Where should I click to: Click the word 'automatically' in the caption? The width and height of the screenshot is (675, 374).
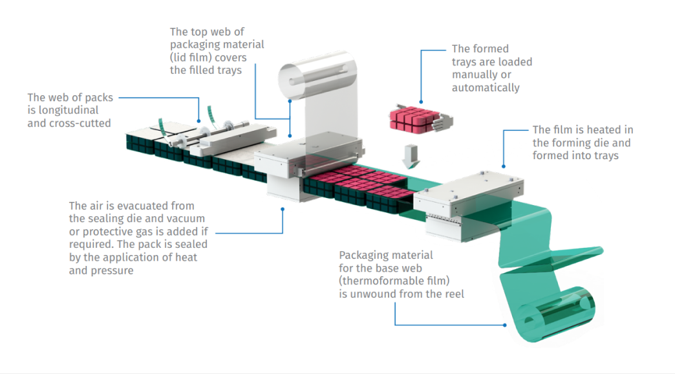click(x=486, y=87)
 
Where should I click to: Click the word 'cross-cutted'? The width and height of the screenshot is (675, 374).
click(x=81, y=123)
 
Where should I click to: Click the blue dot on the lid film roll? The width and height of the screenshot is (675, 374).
click(x=290, y=100)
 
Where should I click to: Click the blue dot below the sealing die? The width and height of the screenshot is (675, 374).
click(x=283, y=208)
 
